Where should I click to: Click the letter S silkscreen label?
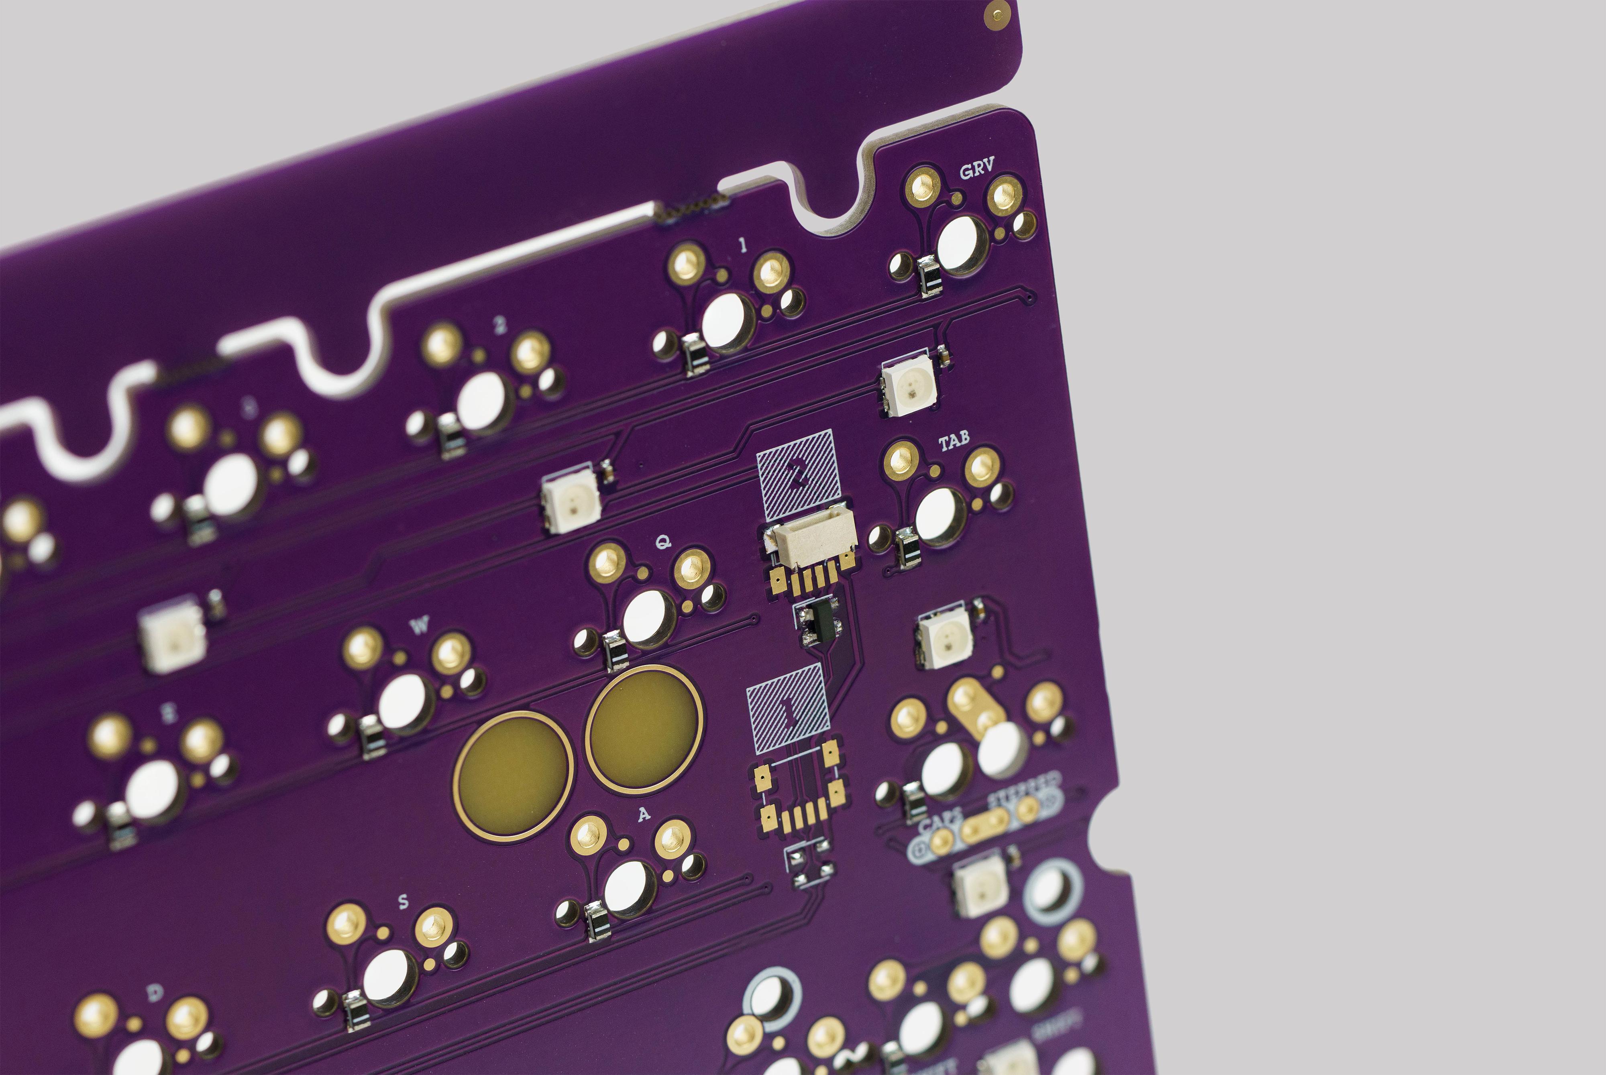403,902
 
